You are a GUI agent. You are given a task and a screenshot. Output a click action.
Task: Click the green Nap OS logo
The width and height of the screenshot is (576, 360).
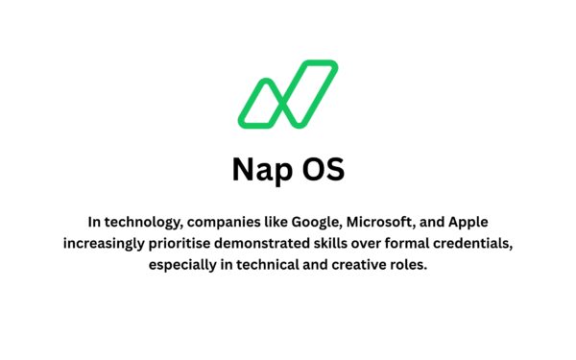tap(287, 94)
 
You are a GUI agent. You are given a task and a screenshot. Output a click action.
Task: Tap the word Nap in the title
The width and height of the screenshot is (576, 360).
tap(258, 169)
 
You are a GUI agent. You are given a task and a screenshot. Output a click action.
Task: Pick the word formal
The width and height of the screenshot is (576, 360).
tap(434, 242)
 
